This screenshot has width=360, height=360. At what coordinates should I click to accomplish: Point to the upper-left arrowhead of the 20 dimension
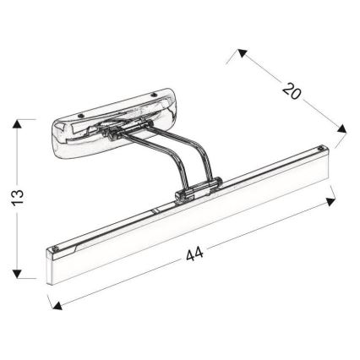242,53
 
